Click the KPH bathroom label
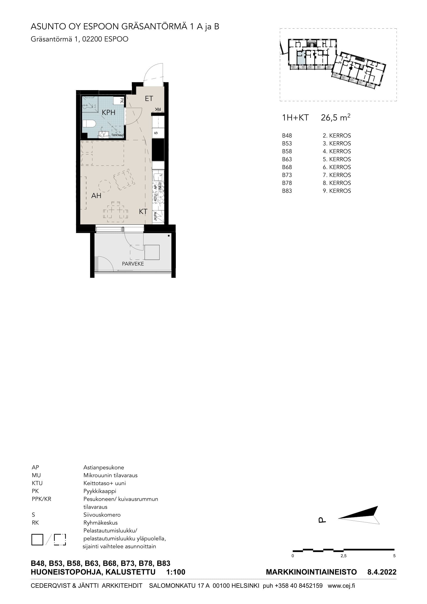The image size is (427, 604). click(109, 113)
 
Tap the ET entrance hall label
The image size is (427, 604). click(149, 99)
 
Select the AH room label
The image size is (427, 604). click(96, 196)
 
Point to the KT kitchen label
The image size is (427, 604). click(143, 211)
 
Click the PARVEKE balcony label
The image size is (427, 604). click(133, 264)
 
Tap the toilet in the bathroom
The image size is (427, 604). click(89, 124)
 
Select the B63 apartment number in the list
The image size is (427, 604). click(287, 159)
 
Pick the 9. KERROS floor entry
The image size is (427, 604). click(337, 191)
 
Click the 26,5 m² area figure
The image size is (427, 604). click(336, 117)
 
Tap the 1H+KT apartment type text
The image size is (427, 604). click(295, 118)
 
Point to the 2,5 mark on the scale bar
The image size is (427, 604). click(343, 556)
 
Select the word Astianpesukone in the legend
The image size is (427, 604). click(104, 467)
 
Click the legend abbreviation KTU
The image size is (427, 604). click(37, 483)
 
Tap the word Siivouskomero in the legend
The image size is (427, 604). click(102, 515)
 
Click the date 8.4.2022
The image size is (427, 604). click(382, 572)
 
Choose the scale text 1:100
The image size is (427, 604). click(176, 572)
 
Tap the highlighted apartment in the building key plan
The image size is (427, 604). click(301, 58)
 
